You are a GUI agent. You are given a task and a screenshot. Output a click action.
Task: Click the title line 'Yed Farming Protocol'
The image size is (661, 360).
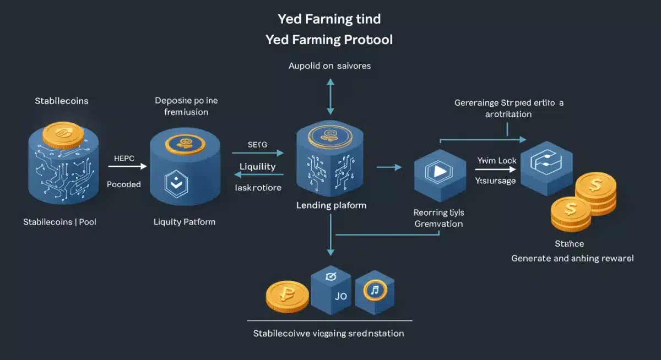pos(329,40)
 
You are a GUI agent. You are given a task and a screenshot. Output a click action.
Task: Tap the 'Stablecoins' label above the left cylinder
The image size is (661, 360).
pos(61,101)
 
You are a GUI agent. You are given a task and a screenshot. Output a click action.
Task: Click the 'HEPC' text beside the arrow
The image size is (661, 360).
pos(124,157)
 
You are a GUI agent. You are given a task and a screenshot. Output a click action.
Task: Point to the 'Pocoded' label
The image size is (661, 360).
pos(124,184)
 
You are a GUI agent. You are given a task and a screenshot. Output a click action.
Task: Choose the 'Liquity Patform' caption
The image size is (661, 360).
pos(184,222)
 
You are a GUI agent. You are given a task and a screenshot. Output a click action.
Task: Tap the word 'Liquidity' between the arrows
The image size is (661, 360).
pos(258,166)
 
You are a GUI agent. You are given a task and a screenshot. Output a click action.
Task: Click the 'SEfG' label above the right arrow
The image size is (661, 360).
pos(257,144)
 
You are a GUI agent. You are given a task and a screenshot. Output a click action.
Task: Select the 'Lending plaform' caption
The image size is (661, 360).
pos(331,205)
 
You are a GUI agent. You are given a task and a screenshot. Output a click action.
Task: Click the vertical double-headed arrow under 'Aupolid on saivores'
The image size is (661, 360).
pos(330,97)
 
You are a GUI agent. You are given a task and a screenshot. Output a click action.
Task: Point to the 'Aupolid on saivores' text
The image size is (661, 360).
pos(329,66)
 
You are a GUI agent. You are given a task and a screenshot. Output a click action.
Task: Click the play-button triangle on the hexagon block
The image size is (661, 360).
pos(440,171)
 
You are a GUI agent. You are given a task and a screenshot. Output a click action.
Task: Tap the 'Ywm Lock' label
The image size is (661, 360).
pos(496,160)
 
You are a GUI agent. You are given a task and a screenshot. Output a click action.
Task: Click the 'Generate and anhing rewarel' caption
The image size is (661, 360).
pos(572,258)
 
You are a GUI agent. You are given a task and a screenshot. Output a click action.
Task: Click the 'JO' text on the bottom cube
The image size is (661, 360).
pos(341,296)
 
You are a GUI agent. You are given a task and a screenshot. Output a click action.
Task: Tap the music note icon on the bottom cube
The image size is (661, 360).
pos(374,289)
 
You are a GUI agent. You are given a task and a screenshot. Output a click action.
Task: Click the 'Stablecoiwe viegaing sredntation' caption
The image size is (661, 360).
pos(328,334)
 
